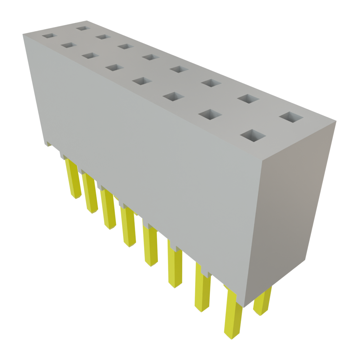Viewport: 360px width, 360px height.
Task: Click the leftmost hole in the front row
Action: [x=49, y=36]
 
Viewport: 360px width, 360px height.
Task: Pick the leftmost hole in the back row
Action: [x=83, y=28]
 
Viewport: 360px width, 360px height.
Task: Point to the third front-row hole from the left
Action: [x=90, y=56]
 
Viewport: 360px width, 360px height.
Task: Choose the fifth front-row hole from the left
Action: [x=142, y=81]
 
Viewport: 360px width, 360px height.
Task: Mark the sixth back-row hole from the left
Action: [x=211, y=83]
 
